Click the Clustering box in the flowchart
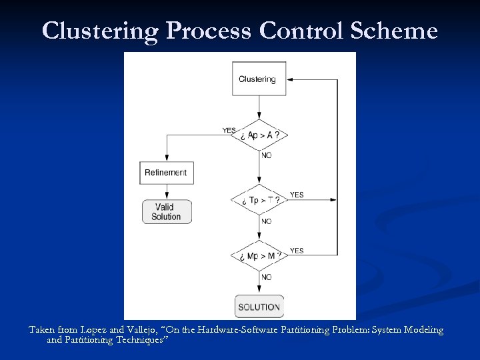(258, 79)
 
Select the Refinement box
(166, 173)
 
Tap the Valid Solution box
(166, 212)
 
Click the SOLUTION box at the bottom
(259, 307)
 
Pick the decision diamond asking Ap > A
(259, 135)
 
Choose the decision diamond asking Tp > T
(259, 200)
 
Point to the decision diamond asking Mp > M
(259, 256)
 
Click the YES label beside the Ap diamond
(229, 130)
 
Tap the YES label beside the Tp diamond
(297, 195)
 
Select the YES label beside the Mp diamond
(297, 251)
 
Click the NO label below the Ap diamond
(267, 155)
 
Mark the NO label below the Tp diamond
(267, 221)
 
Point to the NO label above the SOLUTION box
(267, 277)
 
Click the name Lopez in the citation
(93, 330)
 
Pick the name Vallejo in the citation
(142, 330)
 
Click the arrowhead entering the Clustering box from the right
(290, 79)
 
